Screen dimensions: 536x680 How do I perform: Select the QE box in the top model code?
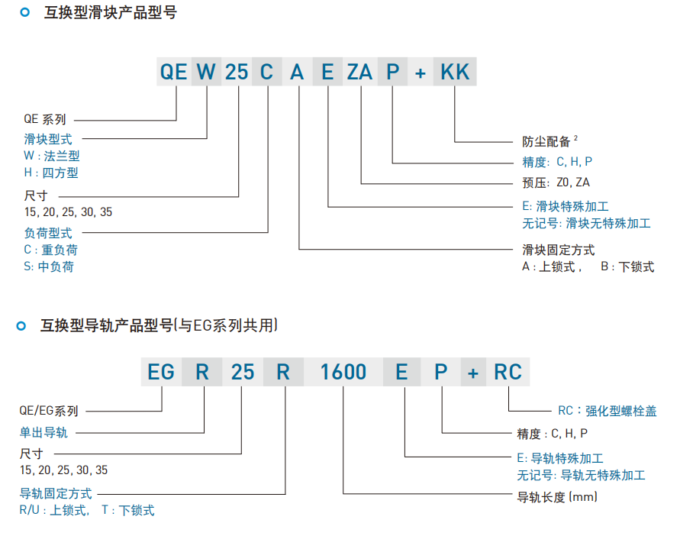coord(173,72)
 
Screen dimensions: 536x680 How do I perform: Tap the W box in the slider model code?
coord(207,72)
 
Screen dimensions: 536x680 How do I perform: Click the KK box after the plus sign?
coord(455,72)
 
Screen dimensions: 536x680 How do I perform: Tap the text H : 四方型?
coord(51,173)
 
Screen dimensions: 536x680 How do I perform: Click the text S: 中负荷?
coord(49,266)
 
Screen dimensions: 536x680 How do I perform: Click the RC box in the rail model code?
coord(508,372)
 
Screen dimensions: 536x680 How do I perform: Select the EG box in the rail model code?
coord(161,372)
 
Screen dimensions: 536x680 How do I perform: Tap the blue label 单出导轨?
coord(44,432)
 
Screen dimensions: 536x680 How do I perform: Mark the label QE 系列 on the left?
coord(45,119)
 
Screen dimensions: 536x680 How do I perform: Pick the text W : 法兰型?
coord(52,155)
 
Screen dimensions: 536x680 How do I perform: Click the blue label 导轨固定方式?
coord(56,493)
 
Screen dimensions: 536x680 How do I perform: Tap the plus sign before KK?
coord(420,73)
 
